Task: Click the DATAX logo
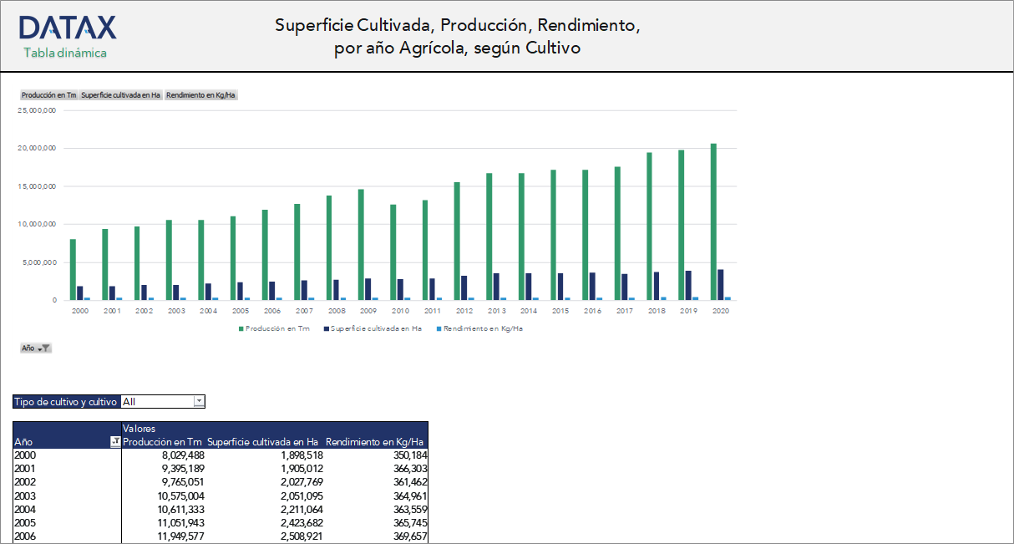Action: point(68,28)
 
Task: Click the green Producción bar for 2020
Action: point(713,221)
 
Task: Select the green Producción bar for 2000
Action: point(74,269)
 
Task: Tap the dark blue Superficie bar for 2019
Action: point(688,285)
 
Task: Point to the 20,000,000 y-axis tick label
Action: point(37,148)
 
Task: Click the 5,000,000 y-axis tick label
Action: point(38,262)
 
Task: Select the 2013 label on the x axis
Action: point(497,311)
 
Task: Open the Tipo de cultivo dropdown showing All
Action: point(199,402)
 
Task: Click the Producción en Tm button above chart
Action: point(48,95)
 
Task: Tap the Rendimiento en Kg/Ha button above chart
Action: point(201,95)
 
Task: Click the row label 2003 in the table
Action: point(25,496)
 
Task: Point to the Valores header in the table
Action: point(139,429)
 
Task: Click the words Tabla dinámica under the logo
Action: point(65,53)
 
